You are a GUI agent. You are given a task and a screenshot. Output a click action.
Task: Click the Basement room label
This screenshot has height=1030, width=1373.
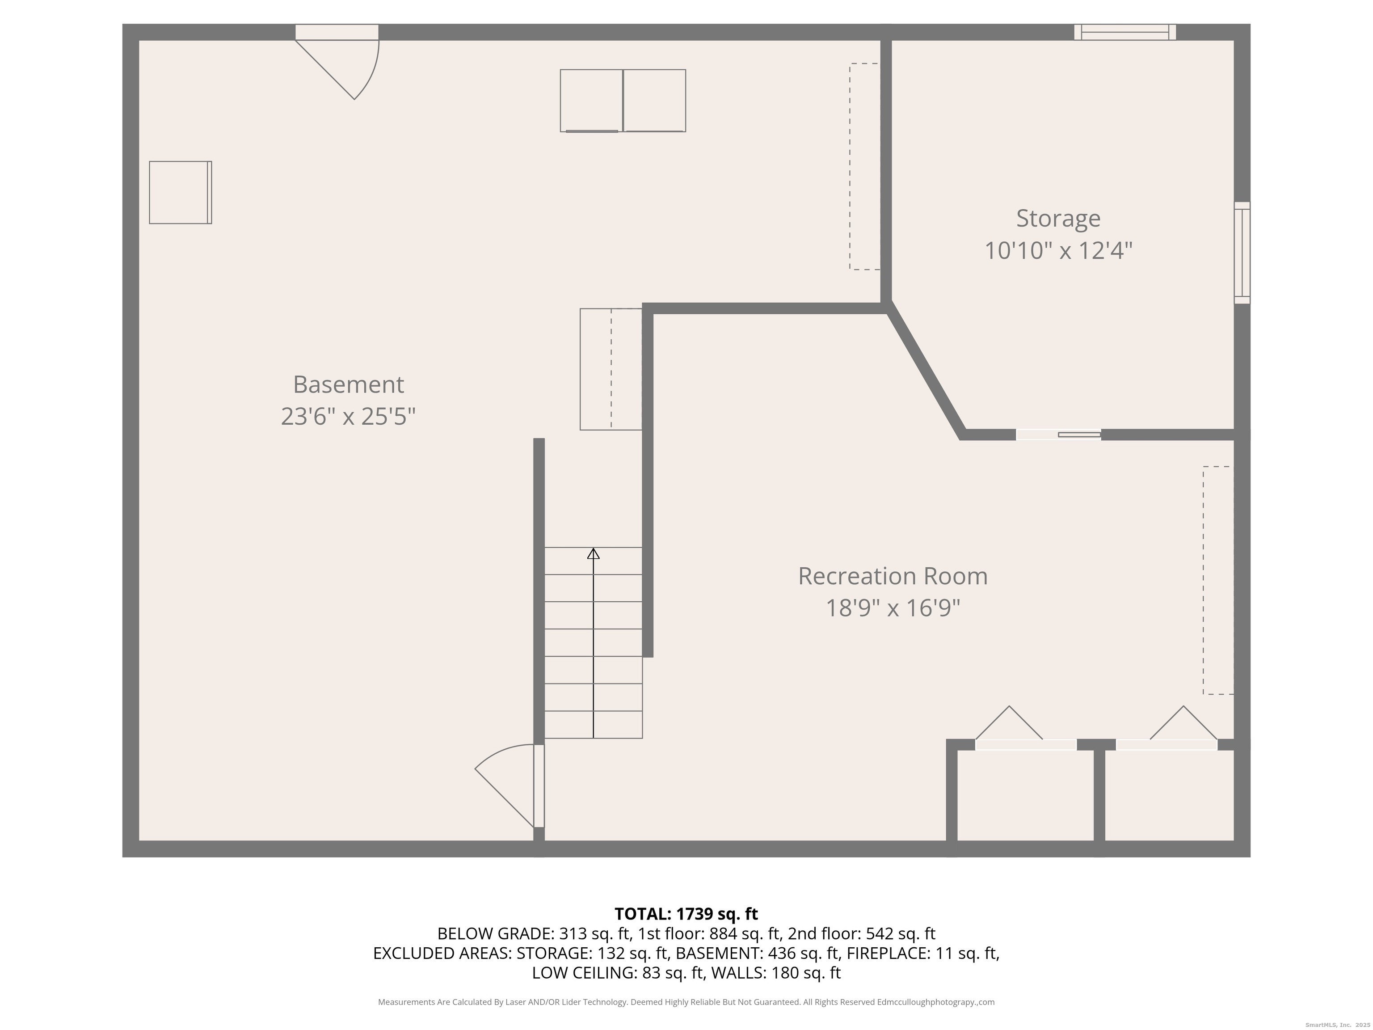click(348, 384)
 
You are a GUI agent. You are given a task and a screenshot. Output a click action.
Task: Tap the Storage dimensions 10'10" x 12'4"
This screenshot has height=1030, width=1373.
click(1058, 251)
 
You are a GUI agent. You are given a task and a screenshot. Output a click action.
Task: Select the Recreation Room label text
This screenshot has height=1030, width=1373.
click(893, 576)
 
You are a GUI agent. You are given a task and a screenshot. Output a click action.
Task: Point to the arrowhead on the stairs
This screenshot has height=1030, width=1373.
click(594, 553)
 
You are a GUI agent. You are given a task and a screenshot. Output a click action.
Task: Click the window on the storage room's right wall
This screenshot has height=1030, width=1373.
click(1242, 253)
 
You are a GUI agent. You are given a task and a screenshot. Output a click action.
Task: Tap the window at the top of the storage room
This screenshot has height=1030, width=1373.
click(1125, 32)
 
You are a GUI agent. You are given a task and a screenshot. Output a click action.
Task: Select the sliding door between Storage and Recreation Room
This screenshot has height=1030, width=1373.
click(1058, 435)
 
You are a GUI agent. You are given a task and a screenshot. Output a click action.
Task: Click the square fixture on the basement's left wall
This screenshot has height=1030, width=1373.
click(180, 193)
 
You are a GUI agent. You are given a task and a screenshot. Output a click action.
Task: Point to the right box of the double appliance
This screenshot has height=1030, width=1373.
click(654, 101)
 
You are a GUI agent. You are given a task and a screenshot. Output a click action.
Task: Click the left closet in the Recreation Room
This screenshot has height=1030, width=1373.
click(1025, 795)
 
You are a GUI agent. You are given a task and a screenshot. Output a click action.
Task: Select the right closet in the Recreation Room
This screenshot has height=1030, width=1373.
click(1168, 795)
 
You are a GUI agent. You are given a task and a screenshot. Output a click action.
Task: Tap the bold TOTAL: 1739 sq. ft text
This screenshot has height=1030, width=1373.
click(686, 914)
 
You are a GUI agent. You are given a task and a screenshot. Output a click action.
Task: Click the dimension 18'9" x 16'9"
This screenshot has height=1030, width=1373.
click(893, 608)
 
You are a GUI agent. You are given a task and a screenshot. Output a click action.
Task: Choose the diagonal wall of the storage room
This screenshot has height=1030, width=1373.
click(926, 371)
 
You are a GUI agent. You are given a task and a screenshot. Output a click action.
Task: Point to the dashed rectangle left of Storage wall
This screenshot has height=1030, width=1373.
click(864, 166)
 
